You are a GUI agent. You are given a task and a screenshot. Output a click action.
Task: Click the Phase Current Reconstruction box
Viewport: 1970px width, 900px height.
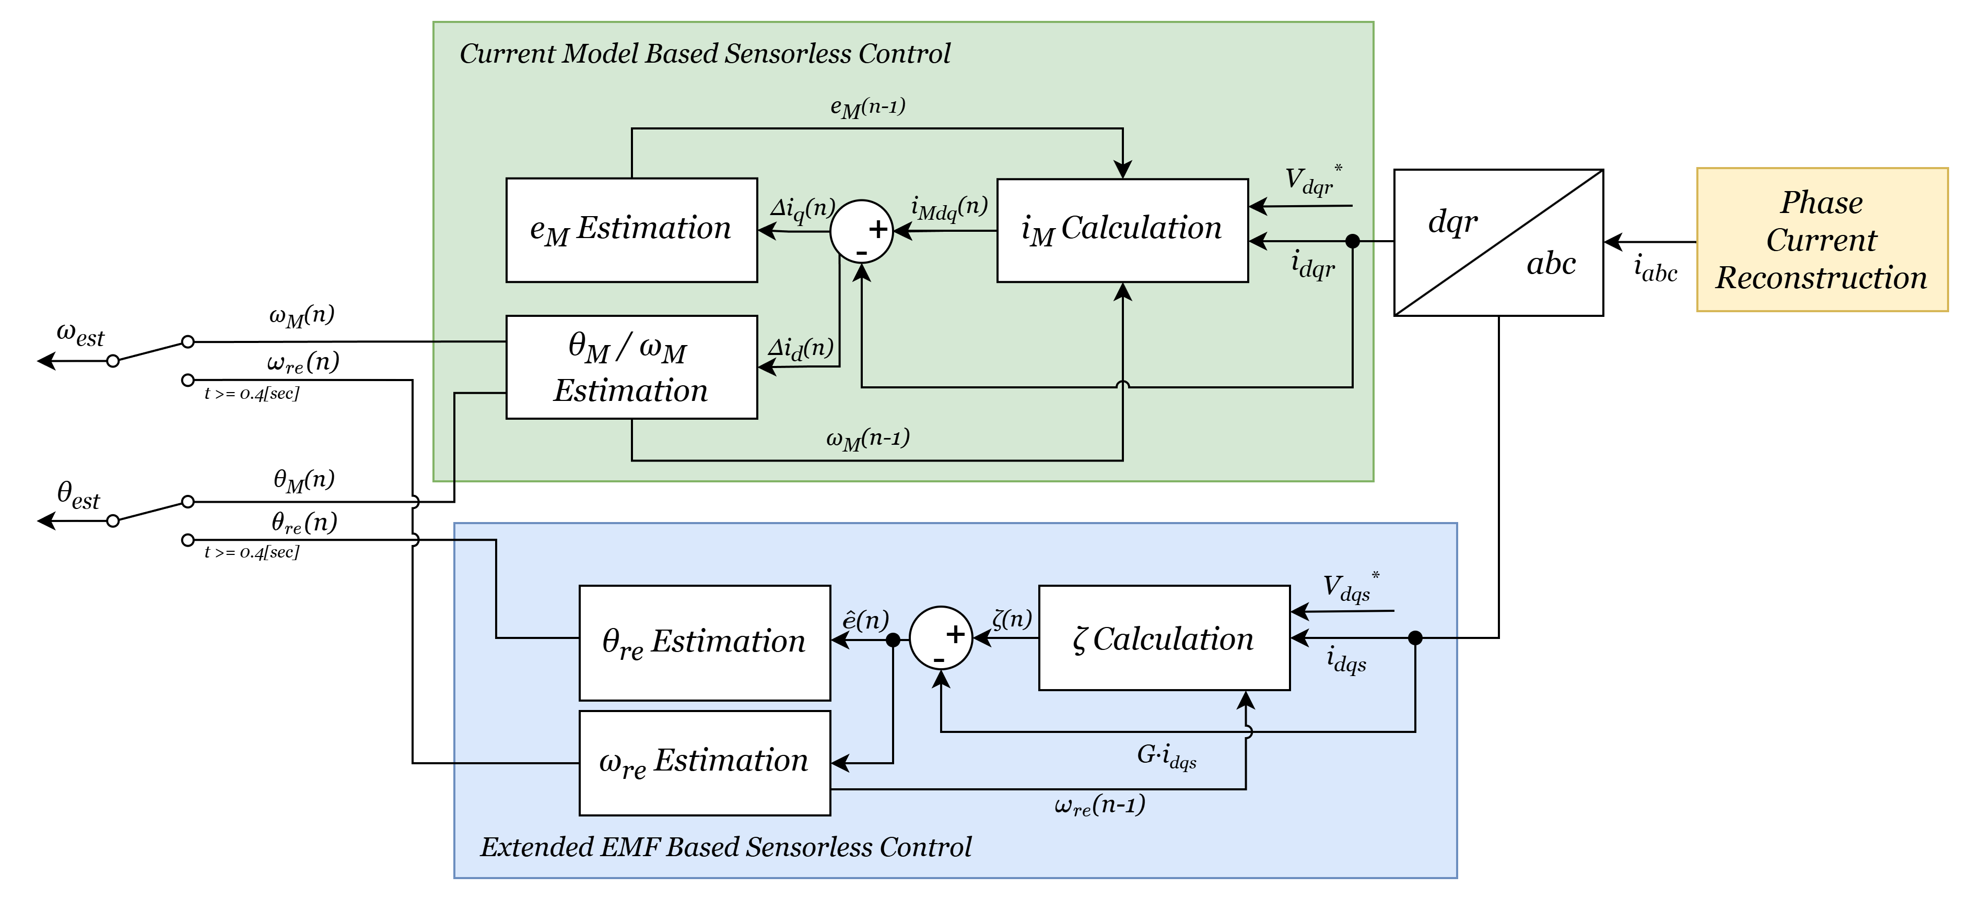1822,239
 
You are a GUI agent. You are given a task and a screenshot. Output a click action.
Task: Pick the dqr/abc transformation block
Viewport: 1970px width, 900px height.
1498,242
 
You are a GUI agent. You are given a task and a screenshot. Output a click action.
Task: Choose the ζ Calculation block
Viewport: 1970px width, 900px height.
1163,638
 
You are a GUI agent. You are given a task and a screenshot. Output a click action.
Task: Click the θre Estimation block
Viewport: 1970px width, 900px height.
705,642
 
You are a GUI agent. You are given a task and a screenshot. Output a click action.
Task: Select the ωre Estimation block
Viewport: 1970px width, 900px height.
705,762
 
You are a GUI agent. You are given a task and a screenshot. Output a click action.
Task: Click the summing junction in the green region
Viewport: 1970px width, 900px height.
862,231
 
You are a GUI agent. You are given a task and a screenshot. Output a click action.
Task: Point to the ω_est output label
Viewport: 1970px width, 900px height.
80,334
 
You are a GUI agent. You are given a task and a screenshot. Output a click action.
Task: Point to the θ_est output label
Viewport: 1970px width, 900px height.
79,495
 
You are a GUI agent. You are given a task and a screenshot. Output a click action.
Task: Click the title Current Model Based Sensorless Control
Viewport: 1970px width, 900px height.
705,54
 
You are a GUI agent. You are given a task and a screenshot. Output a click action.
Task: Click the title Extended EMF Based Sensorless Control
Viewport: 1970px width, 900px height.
726,846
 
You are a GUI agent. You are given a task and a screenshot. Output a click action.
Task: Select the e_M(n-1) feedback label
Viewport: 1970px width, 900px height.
867,107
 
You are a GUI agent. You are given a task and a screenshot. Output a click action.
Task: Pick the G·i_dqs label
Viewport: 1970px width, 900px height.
1166,756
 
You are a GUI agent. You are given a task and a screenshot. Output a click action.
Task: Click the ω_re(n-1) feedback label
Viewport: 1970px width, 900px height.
1099,805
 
